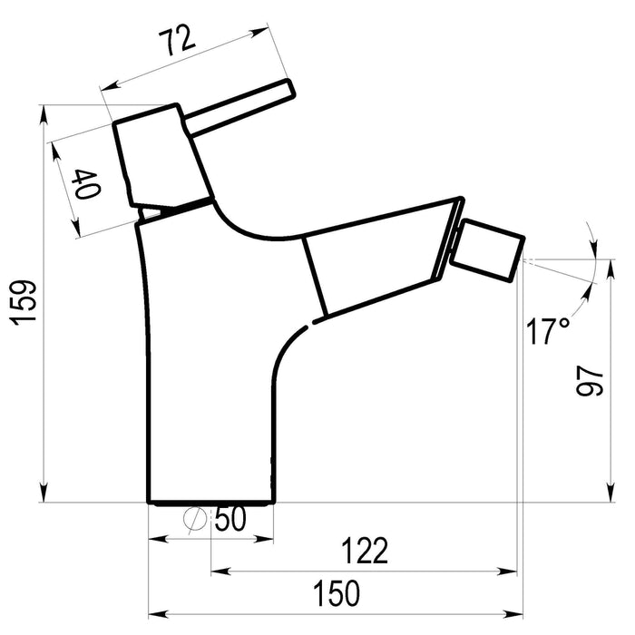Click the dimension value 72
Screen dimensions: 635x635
[177, 41]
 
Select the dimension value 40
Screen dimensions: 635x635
[86, 184]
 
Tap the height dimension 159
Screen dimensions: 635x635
[24, 302]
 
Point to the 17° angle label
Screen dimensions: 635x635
[548, 330]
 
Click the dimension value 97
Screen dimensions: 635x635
[590, 381]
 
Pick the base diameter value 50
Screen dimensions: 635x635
[230, 519]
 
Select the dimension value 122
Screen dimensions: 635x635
[365, 551]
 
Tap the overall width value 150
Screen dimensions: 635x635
[337, 593]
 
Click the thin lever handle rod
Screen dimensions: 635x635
[239, 107]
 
